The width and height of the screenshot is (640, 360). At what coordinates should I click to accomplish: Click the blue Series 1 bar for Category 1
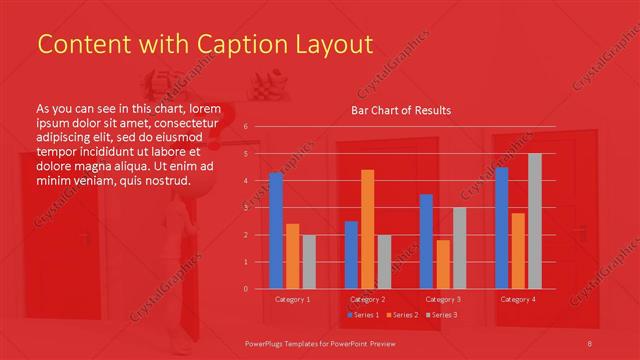point(276,230)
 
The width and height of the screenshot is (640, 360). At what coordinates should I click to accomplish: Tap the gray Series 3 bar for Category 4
point(534,221)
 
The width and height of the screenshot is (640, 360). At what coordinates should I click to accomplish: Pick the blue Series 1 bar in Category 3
point(426,241)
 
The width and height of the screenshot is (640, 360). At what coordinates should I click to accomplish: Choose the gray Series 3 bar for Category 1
point(309,262)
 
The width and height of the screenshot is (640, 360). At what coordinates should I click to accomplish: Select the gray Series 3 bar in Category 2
point(384,262)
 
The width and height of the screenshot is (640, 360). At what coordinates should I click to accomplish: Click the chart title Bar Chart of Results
point(400,110)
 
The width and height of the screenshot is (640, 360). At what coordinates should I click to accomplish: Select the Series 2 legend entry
point(402,315)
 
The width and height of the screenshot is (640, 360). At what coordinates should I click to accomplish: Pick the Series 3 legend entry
point(443,315)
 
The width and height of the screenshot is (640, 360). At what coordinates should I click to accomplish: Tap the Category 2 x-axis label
point(367,299)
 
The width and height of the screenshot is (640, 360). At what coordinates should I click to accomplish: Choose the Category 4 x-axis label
point(517,299)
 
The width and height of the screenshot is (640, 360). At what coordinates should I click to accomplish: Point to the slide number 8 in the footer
point(591,343)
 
